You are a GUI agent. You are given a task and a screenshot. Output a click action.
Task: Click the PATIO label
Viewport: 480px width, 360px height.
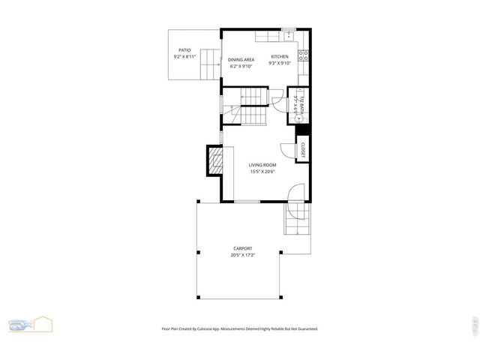click(184, 50)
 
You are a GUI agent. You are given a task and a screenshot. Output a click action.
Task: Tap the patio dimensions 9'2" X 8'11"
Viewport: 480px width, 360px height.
click(184, 56)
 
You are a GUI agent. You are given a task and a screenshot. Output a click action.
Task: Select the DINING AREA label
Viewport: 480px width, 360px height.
click(241, 59)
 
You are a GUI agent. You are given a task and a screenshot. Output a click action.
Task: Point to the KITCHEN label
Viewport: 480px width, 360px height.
click(280, 57)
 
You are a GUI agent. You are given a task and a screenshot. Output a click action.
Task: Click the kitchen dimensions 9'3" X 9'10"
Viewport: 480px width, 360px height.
click(280, 64)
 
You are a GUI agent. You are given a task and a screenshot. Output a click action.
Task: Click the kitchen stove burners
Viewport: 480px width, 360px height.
click(304, 54)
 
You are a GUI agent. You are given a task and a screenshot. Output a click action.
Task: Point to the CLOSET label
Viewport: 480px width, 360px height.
click(303, 148)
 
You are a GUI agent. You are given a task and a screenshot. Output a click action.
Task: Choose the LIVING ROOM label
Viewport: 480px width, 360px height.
click(263, 165)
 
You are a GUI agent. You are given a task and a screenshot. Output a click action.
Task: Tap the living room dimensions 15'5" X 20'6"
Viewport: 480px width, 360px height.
click(263, 172)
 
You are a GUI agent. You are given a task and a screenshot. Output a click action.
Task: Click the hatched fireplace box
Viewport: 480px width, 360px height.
click(214, 160)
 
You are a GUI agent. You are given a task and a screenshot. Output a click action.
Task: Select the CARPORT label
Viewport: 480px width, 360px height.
click(242, 249)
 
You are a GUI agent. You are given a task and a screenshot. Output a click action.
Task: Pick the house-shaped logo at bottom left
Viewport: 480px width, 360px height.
click(43, 324)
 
